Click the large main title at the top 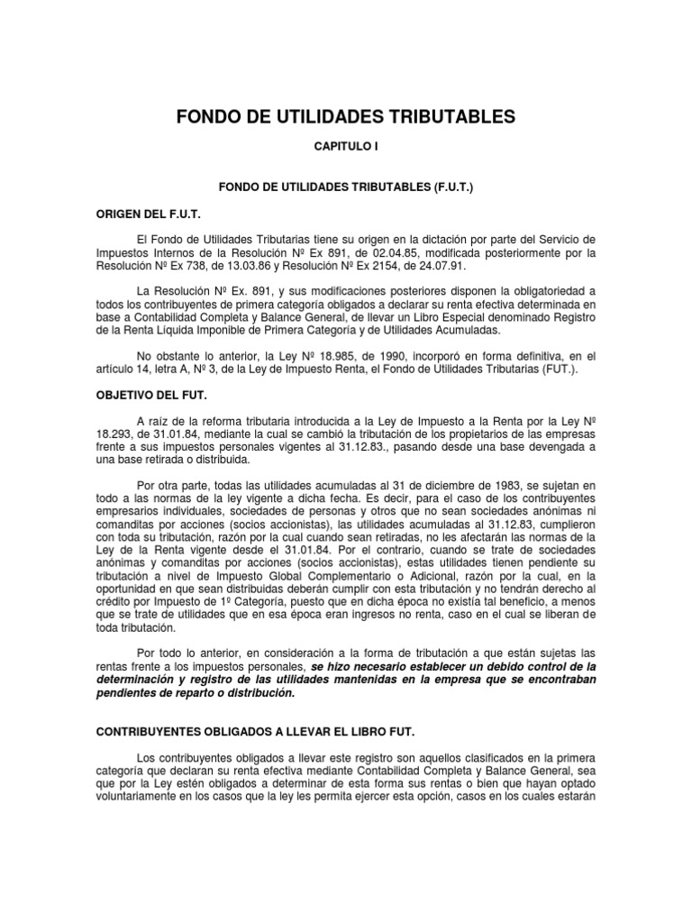(x=345, y=116)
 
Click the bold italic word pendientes (x=130, y=693)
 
